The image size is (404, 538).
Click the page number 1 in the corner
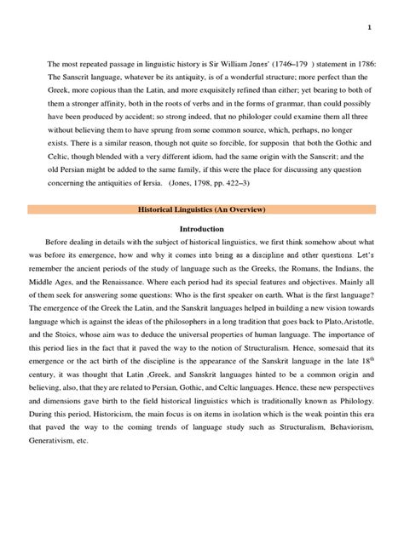tap(370, 26)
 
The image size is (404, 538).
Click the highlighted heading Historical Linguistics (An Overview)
tap(202, 209)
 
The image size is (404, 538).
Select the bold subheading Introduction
tap(202, 230)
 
